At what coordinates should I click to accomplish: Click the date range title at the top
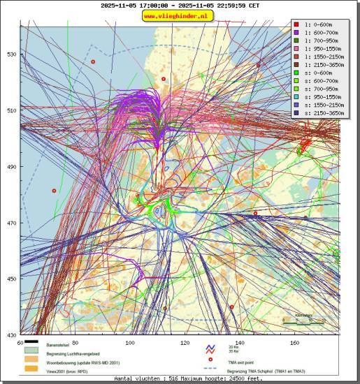click(180, 5)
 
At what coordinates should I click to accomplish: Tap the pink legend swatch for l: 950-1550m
click(296, 50)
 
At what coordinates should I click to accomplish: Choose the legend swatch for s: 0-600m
click(296, 73)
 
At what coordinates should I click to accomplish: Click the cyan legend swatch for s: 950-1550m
click(296, 96)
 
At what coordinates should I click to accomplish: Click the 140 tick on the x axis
click(240, 343)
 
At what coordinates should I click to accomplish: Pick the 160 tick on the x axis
click(294, 343)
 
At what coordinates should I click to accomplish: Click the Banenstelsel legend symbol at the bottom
click(31, 345)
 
